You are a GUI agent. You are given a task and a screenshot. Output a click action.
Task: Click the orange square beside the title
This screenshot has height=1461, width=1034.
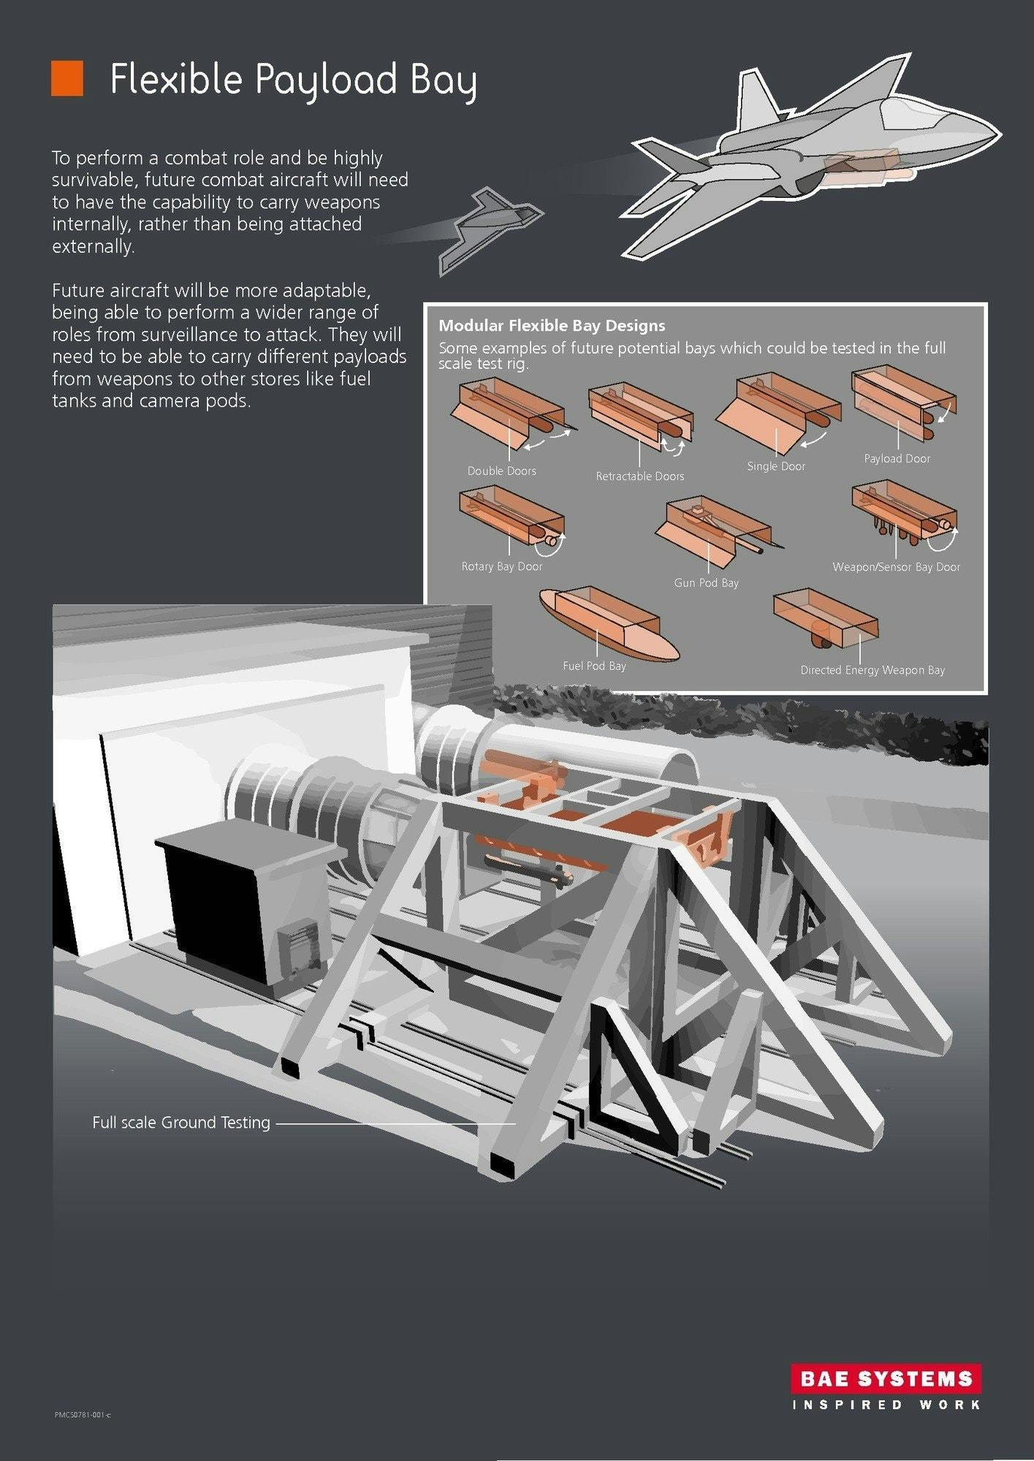67,78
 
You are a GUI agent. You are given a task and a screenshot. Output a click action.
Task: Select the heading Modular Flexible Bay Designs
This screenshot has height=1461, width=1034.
552,326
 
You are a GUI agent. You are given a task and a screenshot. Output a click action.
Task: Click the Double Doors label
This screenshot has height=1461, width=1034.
502,471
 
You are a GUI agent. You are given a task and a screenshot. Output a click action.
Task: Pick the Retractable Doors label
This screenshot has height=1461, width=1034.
640,476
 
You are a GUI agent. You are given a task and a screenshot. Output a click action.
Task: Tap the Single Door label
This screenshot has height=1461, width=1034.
776,466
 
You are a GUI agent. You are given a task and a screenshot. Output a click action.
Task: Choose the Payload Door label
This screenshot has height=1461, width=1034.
897,459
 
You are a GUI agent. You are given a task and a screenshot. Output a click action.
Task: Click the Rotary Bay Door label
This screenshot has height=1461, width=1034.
502,566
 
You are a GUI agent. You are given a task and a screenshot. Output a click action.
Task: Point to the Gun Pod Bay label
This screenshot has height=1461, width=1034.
707,583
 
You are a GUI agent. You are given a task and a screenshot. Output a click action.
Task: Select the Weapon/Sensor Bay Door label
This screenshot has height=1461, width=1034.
897,567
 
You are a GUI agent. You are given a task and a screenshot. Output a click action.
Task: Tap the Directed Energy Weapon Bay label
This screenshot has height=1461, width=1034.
873,670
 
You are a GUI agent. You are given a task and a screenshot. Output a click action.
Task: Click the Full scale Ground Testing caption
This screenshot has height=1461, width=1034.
181,1122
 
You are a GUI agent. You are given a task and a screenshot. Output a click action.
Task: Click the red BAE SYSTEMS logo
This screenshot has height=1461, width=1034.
886,1378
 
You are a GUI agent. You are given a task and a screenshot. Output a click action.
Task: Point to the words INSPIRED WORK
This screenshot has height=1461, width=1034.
886,1405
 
